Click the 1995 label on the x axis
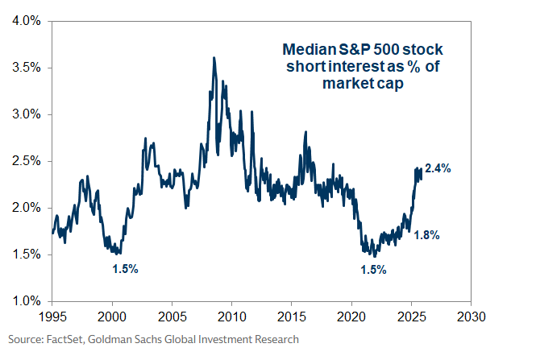click(52, 315)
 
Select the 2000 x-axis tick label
click(112, 315)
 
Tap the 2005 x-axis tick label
click(172, 315)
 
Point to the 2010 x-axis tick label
click(232, 315)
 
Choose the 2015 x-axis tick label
click(292, 315)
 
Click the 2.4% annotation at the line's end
click(438, 169)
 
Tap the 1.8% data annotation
click(427, 235)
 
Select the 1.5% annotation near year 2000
click(125, 269)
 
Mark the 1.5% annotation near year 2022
click(373, 269)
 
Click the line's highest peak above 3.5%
click(214, 58)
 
